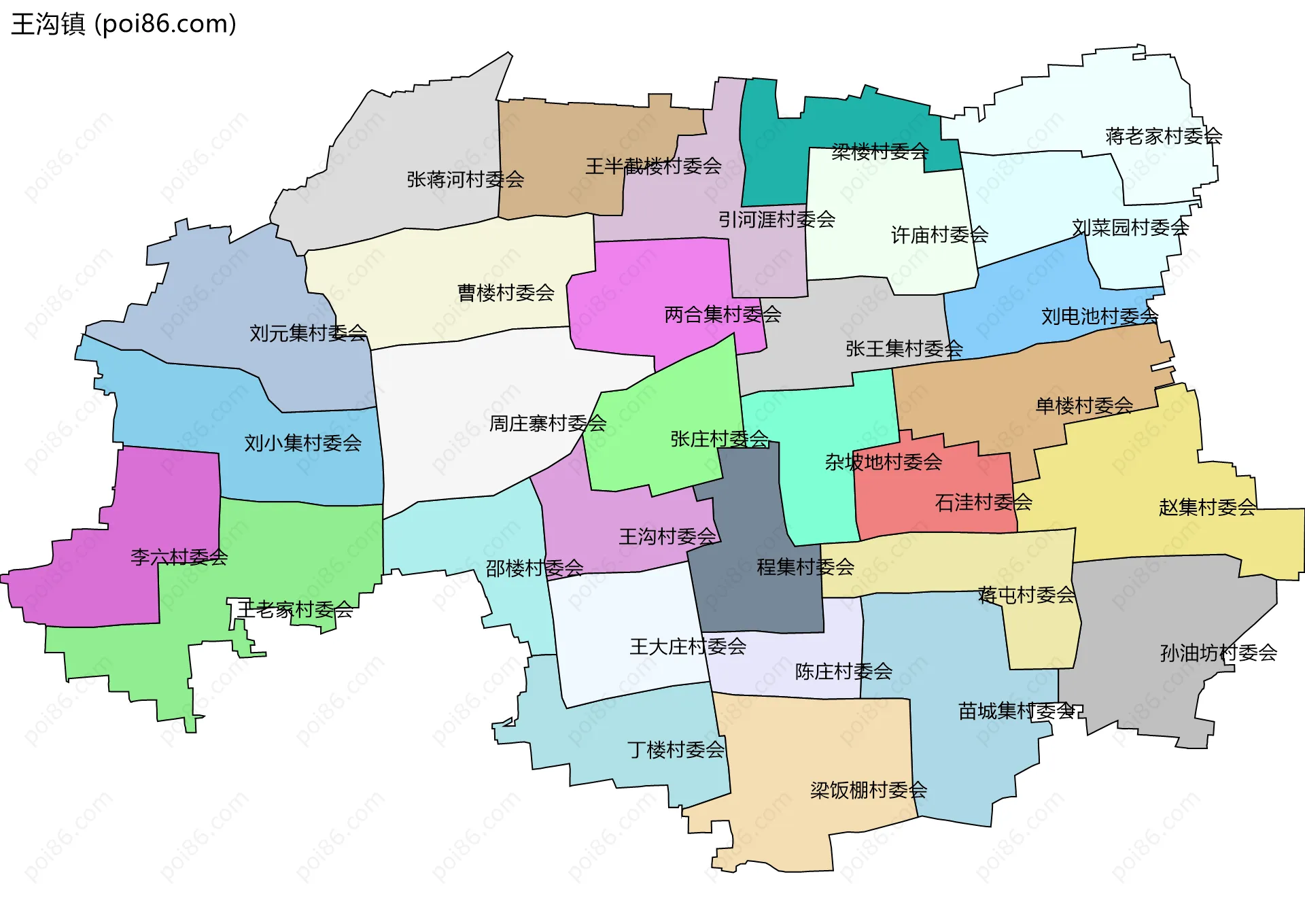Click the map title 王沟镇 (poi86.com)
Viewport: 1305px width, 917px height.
124,24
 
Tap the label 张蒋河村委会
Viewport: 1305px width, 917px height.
465,179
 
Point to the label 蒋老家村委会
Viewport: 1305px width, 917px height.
1163,137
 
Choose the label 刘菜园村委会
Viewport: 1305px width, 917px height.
1130,228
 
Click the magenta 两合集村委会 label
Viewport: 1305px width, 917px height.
722,315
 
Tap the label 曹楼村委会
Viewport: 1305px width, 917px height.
506,293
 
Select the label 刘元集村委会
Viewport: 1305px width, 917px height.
308,333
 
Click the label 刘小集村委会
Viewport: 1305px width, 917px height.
302,443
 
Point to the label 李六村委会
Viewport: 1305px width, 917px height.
179,557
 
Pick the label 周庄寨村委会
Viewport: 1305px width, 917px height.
547,423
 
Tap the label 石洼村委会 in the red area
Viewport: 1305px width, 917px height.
983,502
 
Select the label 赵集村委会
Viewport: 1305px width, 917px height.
1206,507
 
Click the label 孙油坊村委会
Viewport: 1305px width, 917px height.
1218,653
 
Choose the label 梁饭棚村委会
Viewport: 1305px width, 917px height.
868,790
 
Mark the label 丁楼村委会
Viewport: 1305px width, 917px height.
676,750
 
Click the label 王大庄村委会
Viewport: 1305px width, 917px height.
687,646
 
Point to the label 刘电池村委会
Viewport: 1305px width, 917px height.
1099,316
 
